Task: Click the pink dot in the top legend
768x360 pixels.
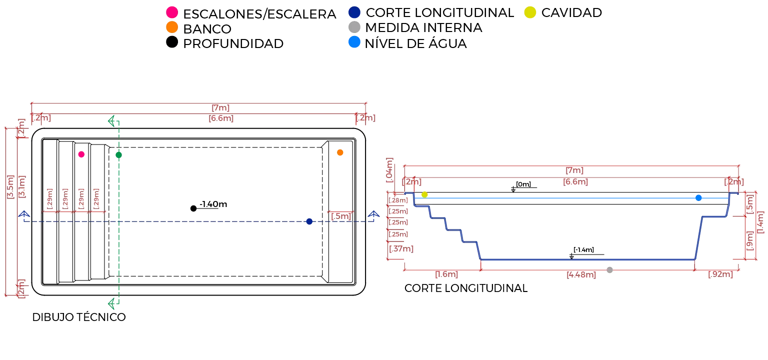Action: (x=171, y=12)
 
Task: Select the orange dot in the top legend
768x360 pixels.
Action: (x=171, y=26)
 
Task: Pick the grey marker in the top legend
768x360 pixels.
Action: (x=354, y=27)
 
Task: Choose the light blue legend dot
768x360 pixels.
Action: (x=354, y=41)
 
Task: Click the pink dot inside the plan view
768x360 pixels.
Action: (x=81, y=154)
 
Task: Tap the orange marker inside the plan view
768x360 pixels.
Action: (x=340, y=152)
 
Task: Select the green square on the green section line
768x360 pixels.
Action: (x=118, y=155)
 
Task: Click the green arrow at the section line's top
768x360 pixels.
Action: (x=112, y=121)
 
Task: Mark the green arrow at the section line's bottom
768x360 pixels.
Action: (x=112, y=302)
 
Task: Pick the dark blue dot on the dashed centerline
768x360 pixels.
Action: (x=309, y=221)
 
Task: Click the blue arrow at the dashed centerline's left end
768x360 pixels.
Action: (x=24, y=215)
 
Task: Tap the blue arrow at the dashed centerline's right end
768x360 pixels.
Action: (x=373, y=215)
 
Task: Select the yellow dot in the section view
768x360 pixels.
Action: (x=424, y=194)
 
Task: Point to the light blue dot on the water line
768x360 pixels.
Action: (x=699, y=198)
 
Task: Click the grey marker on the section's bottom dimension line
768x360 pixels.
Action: (x=609, y=270)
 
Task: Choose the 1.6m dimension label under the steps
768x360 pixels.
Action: (x=446, y=275)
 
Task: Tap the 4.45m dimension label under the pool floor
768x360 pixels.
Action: (x=580, y=275)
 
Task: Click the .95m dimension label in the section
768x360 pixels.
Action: (x=721, y=275)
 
